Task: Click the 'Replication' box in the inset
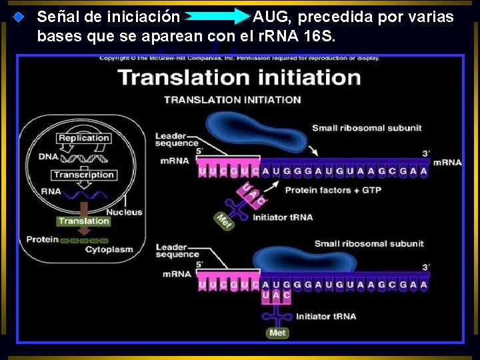(x=83, y=138)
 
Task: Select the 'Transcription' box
(x=84, y=175)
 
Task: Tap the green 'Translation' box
(x=83, y=221)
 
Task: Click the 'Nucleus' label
(x=125, y=212)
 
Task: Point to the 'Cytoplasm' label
(x=109, y=249)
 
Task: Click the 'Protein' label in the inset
(x=42, y=239)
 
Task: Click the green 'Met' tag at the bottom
(x=277, y=333)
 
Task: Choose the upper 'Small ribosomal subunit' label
(x=367, y=128)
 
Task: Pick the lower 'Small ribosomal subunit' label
(x=369, y=243)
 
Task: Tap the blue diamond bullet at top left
(x=20, y=15)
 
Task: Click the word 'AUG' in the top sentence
(x=271, y=16)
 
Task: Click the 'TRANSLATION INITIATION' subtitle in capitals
(x=233, y=100)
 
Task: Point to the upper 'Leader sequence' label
(x=177, y=139)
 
